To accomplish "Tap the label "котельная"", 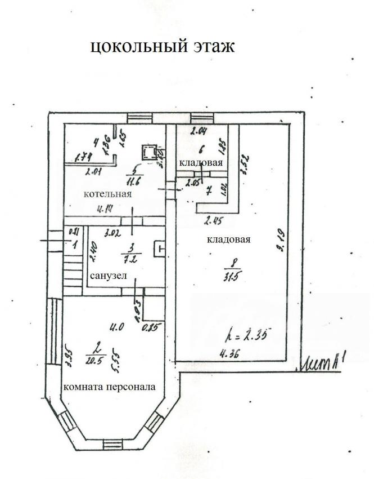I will [107, 194].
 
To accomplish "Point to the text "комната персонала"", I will [109, 387].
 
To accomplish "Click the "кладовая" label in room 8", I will [228, 239].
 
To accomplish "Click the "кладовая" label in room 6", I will [201, 162].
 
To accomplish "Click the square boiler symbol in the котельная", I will [148, 152].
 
